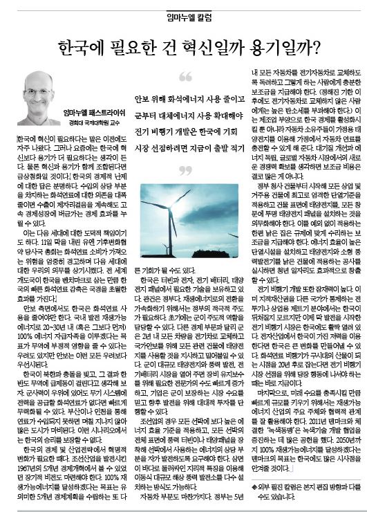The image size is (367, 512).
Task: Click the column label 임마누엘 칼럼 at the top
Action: pos(183,15)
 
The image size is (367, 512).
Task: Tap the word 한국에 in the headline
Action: pos(77,46)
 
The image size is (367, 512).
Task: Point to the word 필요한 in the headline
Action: pos(135,46)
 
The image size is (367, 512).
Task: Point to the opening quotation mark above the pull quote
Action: pos(185,75)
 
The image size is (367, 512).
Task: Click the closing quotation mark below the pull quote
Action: pos(185,170)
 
